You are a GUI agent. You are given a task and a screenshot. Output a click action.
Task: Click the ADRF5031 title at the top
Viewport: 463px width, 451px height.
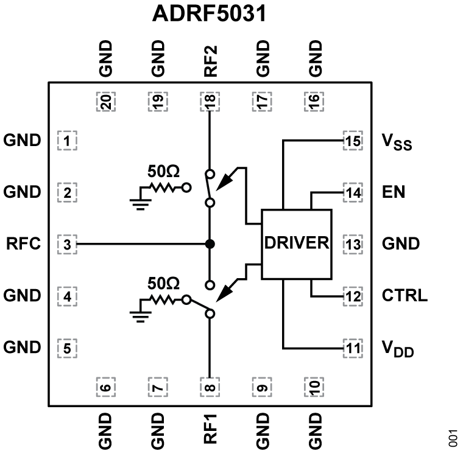[x=209, y=15]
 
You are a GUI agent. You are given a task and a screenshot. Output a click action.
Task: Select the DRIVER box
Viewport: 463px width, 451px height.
[x=296, y=244]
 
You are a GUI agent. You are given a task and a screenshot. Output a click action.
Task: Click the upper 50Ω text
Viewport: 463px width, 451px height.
[x=163, y=172]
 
